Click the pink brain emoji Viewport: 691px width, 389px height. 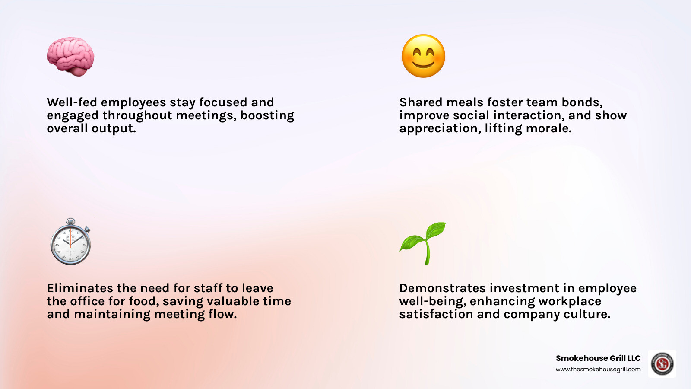click(70, 57)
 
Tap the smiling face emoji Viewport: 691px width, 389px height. click(423, 56)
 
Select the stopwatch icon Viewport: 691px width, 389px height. click(70, 243)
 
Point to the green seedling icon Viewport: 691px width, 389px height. click(424, 243)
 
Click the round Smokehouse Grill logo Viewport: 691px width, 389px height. click(662, 363)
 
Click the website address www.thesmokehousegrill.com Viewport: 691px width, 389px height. click(598, 370)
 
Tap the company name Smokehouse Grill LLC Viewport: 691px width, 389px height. click(598, 358)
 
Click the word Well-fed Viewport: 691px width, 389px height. click(72, 102)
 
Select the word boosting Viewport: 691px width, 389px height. click(267, 115)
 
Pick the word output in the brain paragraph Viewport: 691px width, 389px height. click(114, 128)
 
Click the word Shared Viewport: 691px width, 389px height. click(421, 102)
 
